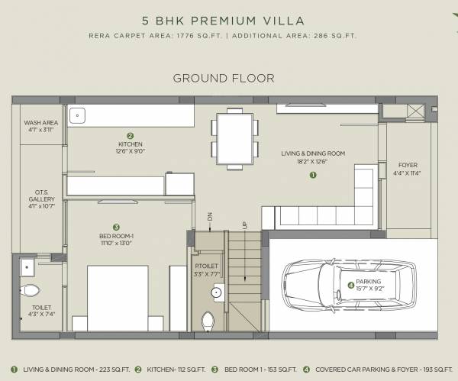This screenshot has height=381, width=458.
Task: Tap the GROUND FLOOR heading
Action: click(x=223, y=78)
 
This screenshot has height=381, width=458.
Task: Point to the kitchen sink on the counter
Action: click(x=76, y=115)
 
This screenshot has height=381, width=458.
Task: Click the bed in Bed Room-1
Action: click(x=118, y=296)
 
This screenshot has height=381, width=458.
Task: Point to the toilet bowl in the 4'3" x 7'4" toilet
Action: click(x=31, y=291)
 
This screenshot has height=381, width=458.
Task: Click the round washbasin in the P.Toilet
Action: click(x=216, y=291)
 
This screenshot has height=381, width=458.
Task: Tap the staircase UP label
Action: click(x=244, y=225)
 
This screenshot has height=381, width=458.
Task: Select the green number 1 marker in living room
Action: click(x=312, y=175)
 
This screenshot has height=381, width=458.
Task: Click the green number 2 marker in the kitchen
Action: click(x=130, y=135)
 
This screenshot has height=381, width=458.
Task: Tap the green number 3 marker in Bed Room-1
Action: click(x=116, y=227)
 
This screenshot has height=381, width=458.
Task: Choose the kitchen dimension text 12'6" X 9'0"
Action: click(x=130, y=152)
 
